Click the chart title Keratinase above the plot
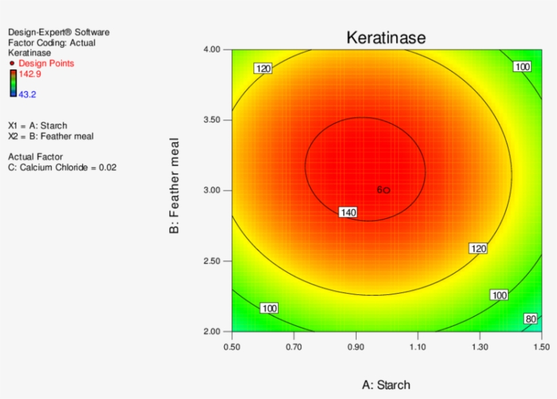click(386, 37)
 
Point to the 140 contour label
click(348, 213)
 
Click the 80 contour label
click(531, 319)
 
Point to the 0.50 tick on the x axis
click(232, 346)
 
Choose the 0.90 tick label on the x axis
click(356, 346)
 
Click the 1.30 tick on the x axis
click(480, 346)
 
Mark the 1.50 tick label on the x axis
click(541, 346)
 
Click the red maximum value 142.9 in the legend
click(29, 73)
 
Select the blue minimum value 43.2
click(27, 94)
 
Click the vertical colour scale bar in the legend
click(13, 84)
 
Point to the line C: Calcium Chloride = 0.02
click(62, 167)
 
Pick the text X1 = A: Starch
click(37, 126)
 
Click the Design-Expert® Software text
click(58, 32)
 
